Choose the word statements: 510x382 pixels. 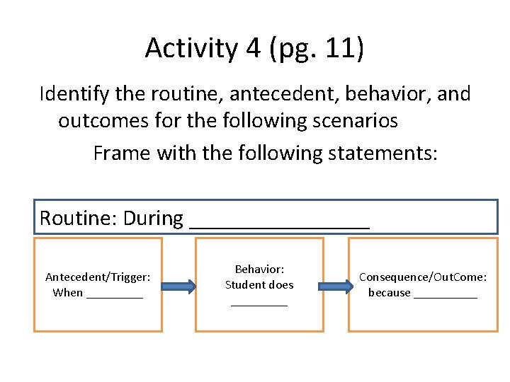click(x=379, y=153)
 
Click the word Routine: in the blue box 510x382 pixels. click(x=79, y=218)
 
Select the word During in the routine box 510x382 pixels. click(x=153, y=218)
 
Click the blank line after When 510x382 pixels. click(x=114, y=296)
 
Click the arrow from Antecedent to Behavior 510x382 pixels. click(x=178, y=286)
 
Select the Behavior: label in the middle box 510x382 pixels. click(x=259, y=270)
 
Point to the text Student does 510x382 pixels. click(x=259, y=285)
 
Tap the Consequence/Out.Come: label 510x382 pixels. click(x=423, y=277)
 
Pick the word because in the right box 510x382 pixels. click(x=389, y=293)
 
